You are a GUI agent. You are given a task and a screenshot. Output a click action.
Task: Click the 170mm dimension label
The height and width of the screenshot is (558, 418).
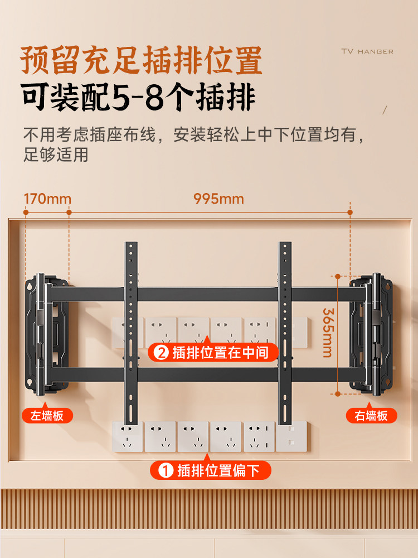pyautogui.click(x=47, y=199)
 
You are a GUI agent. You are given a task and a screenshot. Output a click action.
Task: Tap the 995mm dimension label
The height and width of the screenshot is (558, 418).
pyautogui.click(x=218, y=199)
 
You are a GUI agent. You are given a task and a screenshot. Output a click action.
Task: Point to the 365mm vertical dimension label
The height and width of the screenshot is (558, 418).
pyautogui.click(x=327, y=333)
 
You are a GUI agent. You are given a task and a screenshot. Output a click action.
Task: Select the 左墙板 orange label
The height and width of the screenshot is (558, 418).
pyautogui.click(x=47, y=415)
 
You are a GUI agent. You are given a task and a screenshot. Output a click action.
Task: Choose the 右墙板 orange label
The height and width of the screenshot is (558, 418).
pyautogui.click(x=371, y=415)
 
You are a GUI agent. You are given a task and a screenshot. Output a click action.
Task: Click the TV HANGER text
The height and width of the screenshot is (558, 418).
pyautogui.click(x=367, y=51)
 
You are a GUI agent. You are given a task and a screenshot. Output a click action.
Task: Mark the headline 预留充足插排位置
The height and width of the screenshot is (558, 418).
pyautogui.click(x=142, y=60)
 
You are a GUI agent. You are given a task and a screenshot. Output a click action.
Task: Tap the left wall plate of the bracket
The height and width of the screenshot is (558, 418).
pyautogui.click(x=47, y=332)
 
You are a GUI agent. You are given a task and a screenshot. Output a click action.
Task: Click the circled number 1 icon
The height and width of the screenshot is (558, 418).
pyautogui.click(x=166, y=470)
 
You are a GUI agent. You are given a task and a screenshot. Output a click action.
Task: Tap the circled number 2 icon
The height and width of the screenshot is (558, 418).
pyautogui.click(x=161, y=353)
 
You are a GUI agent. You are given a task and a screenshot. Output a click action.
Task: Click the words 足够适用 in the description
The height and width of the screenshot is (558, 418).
pyautogui.click(x=56, y=155)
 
